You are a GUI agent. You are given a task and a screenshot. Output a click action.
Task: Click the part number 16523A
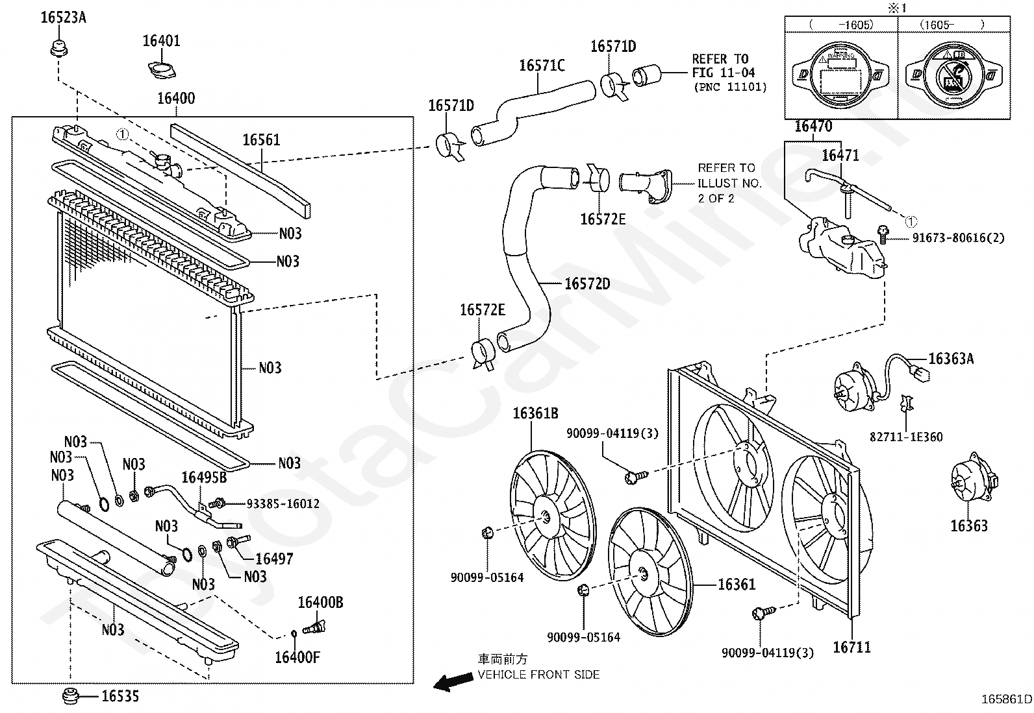coord(63,18)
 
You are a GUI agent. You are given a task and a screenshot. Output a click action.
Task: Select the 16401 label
coord(162,41)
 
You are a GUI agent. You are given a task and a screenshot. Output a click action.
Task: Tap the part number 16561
coord(262,140)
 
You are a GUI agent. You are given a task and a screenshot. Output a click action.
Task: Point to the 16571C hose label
coord(542,66)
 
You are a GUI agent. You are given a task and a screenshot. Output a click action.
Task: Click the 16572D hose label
coord(587,284)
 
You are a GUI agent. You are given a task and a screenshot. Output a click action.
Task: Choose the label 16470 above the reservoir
coord(813,127)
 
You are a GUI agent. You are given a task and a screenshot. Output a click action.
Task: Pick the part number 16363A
coord(951,359)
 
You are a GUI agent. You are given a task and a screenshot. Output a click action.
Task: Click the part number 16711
coord(851,647)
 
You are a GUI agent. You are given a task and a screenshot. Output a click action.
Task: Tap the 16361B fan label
coord(535,413)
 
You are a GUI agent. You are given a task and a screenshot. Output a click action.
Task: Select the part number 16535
coord(120,697)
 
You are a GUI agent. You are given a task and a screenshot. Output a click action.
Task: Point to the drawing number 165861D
coord(1006,699)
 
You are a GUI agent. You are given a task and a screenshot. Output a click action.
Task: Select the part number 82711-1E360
coord(906,437)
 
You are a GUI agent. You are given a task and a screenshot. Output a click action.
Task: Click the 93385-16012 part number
coord(283,503)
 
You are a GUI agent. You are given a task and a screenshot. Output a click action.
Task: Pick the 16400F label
coord(297,658)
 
